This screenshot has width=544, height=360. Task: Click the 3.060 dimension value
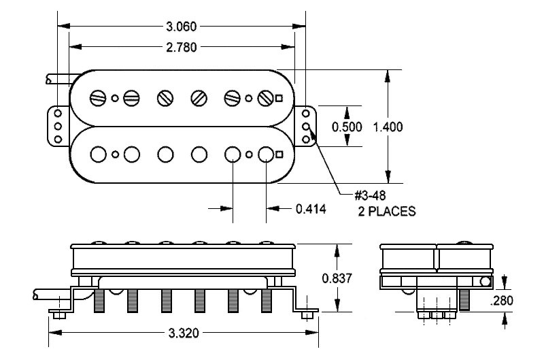tap(182, 27)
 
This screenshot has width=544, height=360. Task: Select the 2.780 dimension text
tap(182, 46)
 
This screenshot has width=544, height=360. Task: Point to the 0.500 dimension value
tap(347, 127)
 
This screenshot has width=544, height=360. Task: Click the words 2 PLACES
tap(387, 212)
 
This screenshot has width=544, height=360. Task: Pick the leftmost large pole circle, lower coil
tap(100, 154)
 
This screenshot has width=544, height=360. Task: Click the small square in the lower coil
tap(279, 155)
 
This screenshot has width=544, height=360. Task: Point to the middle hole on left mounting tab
tap(58, 127)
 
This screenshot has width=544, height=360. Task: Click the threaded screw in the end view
tap(465, 298)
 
